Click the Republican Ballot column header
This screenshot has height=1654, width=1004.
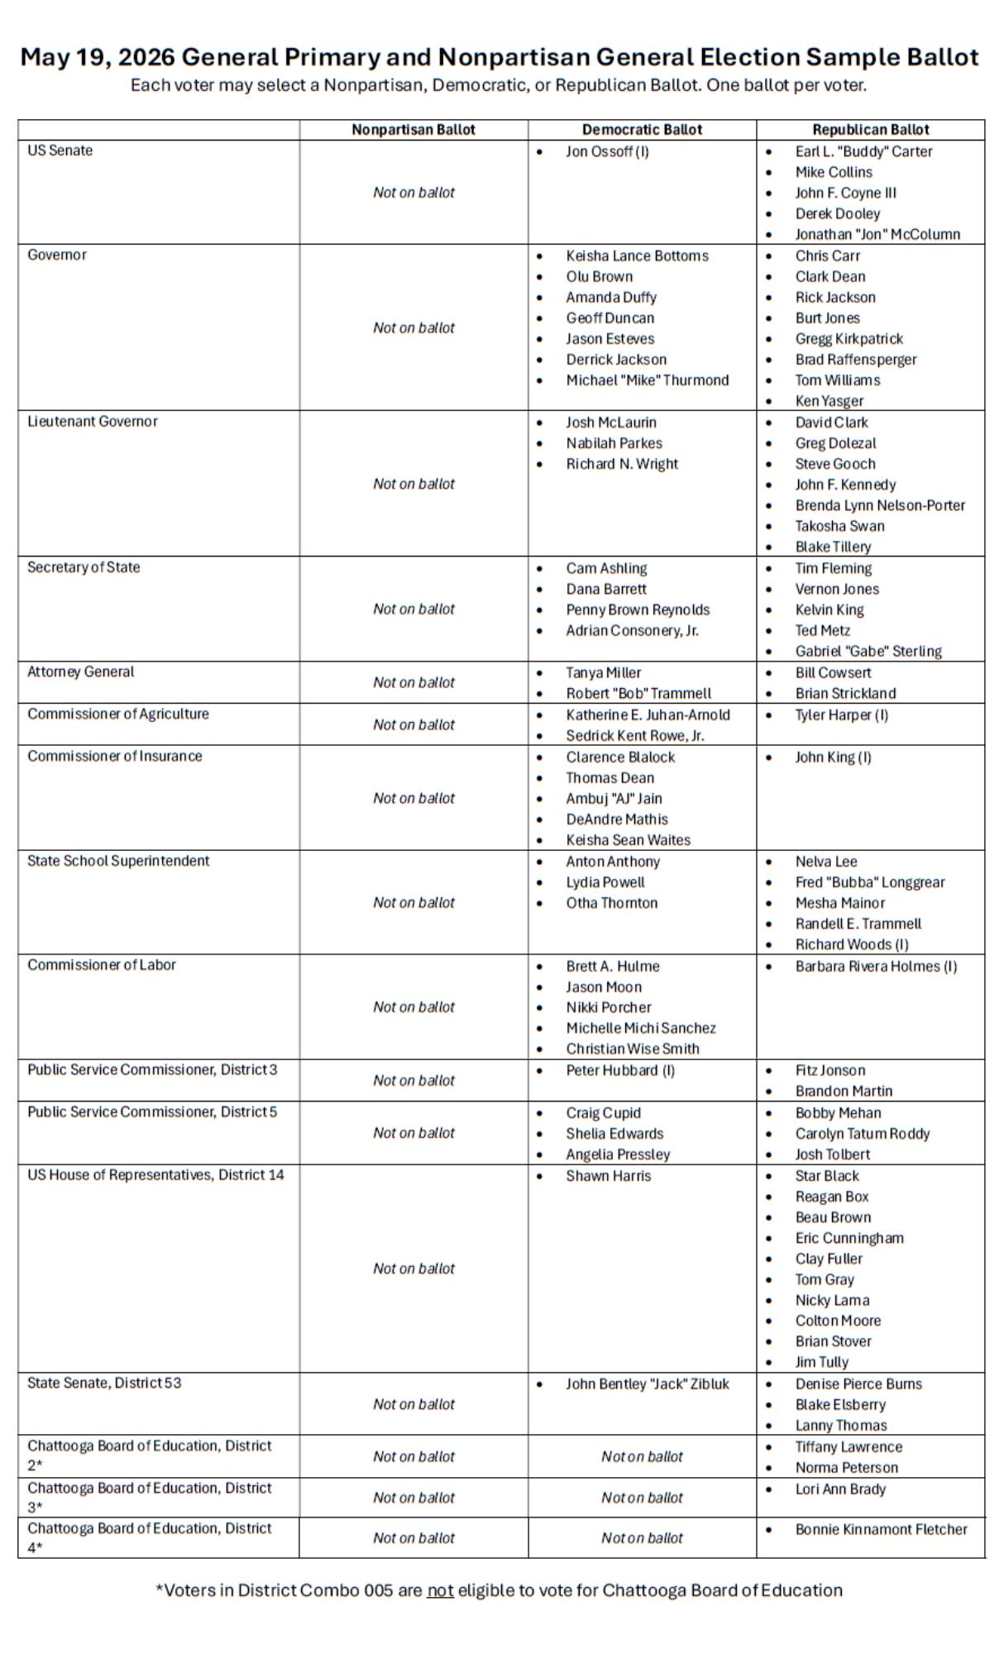[870, 130]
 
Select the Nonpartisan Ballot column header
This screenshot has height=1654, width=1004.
[414, 130]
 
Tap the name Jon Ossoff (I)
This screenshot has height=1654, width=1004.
[607, 151]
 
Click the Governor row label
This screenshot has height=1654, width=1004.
[57, 255]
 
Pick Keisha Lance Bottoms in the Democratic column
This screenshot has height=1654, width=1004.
[637, 256]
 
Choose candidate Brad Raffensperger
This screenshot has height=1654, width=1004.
[856, 360]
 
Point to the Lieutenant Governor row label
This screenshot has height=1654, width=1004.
[93, 421]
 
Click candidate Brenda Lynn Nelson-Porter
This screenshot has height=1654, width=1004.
[880, 505]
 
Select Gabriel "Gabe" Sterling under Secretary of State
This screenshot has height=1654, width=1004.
[868, 651]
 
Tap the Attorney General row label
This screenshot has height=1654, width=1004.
[81, 672]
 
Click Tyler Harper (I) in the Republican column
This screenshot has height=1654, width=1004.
[841, 715]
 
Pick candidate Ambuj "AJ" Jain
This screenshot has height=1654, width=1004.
[614, 798]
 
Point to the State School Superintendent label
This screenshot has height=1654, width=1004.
[118, 861]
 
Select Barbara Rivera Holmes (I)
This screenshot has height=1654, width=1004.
[876, 966]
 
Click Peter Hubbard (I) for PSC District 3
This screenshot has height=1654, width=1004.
[620, 1070]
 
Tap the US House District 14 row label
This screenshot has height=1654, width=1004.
[155, 1174]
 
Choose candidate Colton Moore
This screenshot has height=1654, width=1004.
[838, 1321]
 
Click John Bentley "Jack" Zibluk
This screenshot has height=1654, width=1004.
[648, 1384]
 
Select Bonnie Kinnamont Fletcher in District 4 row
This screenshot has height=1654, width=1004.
[881, 1529]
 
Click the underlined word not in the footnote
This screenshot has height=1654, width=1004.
[440, 1589]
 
